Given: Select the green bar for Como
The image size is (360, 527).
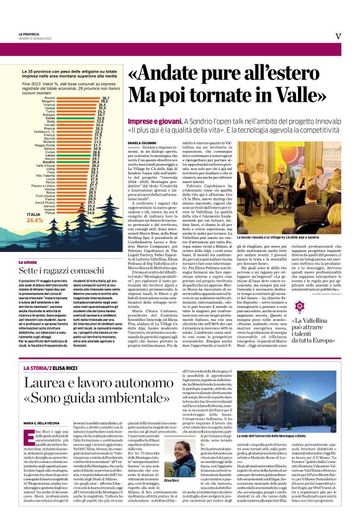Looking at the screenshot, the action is tap(74, 117).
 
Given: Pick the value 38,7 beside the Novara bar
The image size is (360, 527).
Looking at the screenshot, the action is tap(106, 98).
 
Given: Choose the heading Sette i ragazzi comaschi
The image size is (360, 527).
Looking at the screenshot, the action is tap(62, 254).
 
